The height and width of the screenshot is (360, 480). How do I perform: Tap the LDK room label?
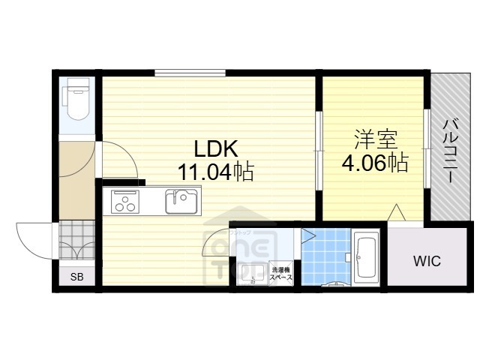point(217,148)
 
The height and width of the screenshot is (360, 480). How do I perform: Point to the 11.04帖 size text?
point(215,172)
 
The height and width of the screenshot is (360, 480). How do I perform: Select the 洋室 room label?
point(375,139)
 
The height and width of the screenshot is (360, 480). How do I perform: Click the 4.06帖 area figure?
point(375,162)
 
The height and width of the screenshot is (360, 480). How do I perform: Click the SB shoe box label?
point(76,277)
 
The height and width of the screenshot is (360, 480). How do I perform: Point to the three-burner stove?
point(125,202)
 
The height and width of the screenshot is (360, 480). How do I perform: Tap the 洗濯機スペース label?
point(281,272)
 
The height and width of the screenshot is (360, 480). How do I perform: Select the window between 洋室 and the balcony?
point(426,148)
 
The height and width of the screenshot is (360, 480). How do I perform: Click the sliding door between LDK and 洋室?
point(319,146)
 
